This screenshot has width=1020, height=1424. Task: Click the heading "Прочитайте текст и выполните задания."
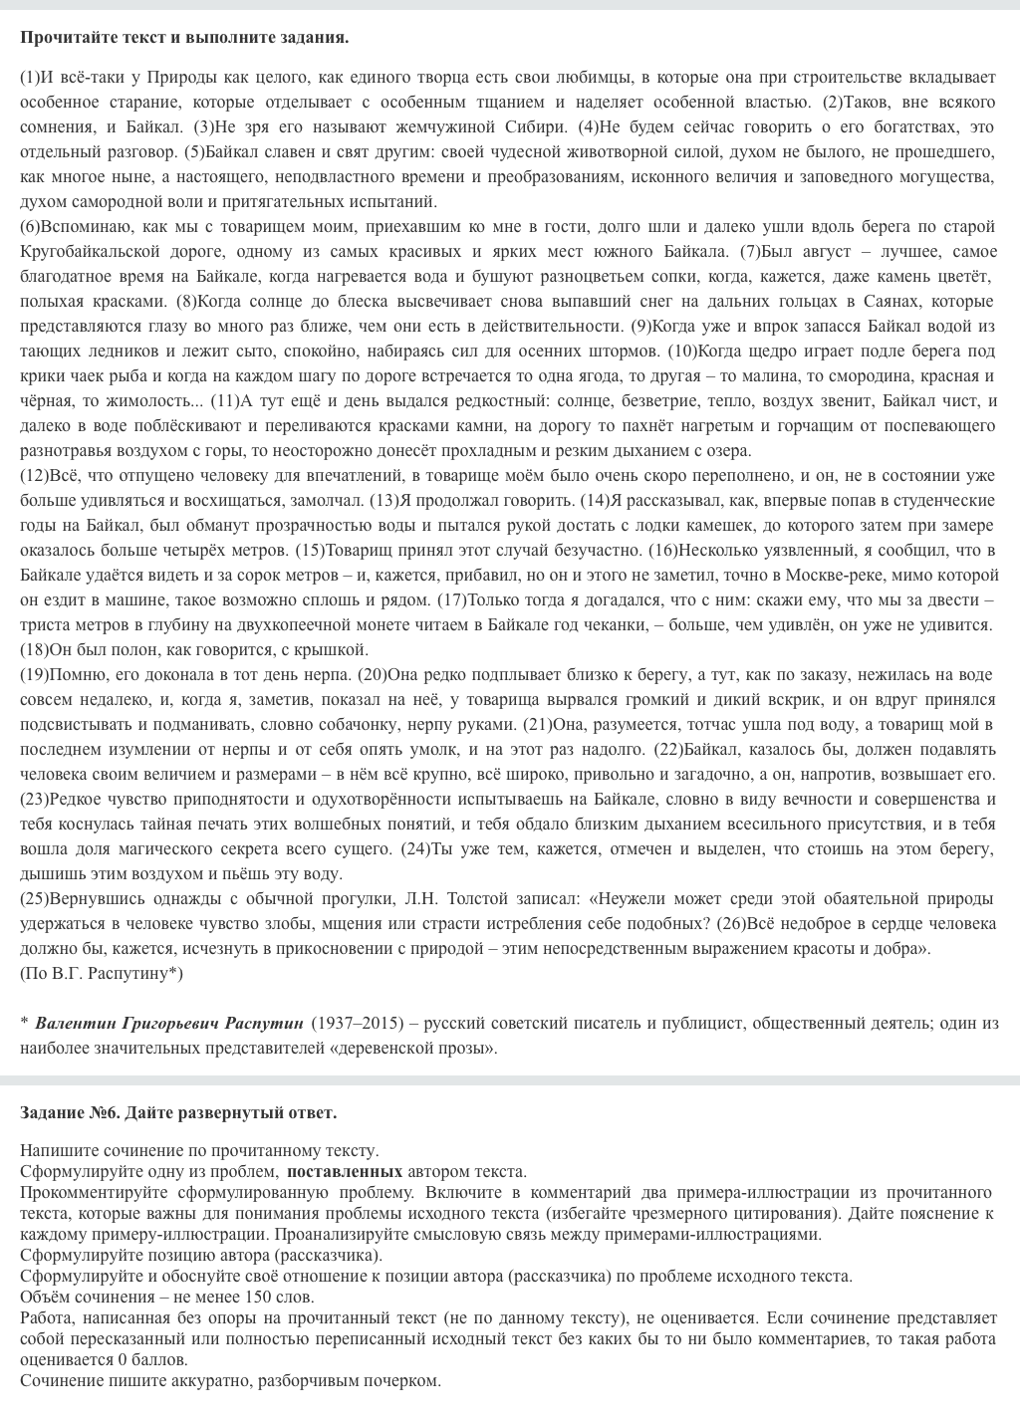(184, 38)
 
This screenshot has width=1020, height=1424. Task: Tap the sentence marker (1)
(30, 77)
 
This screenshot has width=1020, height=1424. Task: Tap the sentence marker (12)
(34, 475)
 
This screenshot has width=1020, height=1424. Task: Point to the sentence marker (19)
(34, 674)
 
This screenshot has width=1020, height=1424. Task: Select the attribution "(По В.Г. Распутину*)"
(102, 973)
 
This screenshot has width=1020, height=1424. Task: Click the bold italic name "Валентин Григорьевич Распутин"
(169, 1023)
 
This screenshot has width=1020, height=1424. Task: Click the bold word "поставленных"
(345, 1171)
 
